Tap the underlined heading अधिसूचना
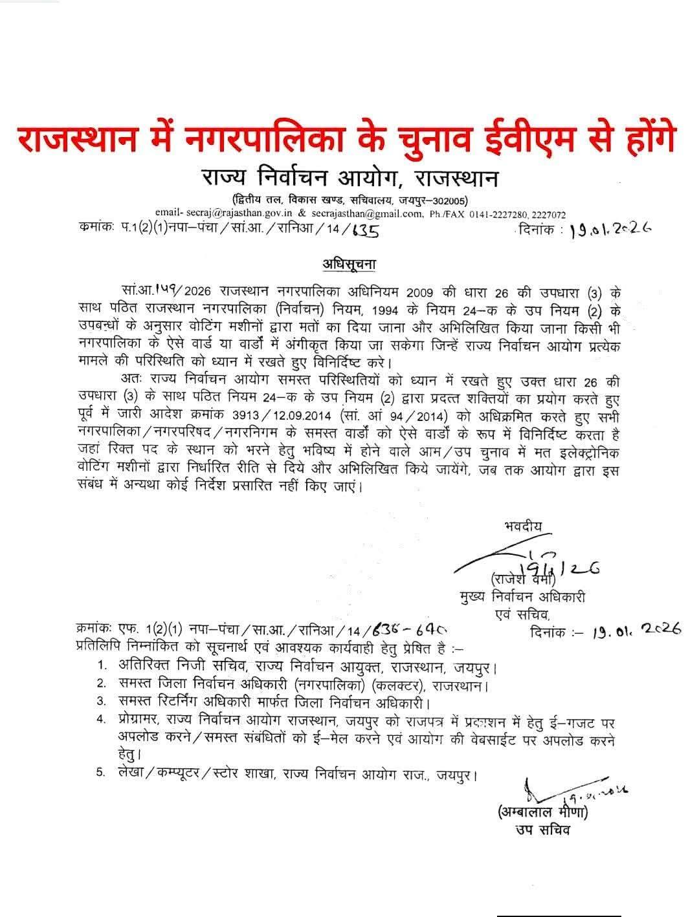coord(349,264)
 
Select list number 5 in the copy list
coord(101,773)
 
